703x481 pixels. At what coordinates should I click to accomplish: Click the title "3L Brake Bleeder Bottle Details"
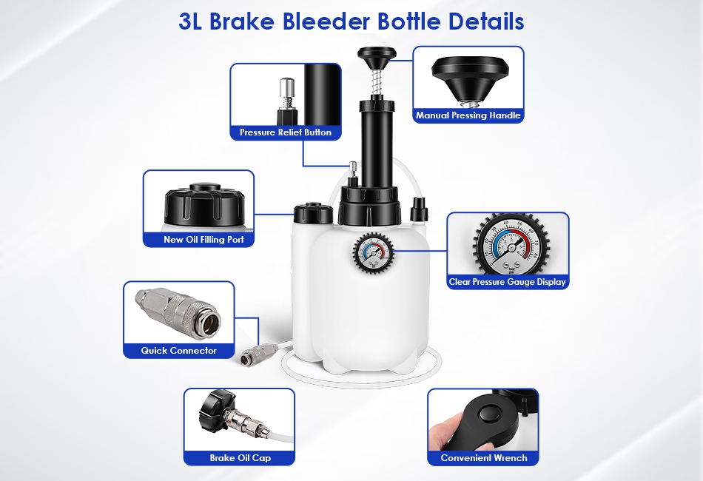click(x=351, y=21)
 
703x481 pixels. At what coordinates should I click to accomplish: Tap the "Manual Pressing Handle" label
click(x=468, y=115)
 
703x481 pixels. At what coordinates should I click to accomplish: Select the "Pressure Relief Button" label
click(x=286, y=132)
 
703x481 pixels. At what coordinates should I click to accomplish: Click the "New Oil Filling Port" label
click(x=203, y=239)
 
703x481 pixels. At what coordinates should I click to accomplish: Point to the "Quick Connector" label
click(x=179, y=351)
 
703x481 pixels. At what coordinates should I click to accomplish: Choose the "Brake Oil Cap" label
click(x=240, y=457)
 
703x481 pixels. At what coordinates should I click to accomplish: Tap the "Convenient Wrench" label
click(x=484, y=457)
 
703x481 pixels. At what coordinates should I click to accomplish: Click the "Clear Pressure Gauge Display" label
click(x=508, y=282)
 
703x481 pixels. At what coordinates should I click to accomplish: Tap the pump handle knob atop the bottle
click(x=377, y=58)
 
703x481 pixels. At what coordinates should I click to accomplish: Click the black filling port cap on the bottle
click(x=314, y=213)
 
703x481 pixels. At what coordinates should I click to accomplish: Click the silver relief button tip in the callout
click(x=286, y=92)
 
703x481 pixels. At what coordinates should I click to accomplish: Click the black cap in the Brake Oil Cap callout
click(x=217, y=409)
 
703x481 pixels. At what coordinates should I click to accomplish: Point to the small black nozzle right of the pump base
click(x=419, y=209)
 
